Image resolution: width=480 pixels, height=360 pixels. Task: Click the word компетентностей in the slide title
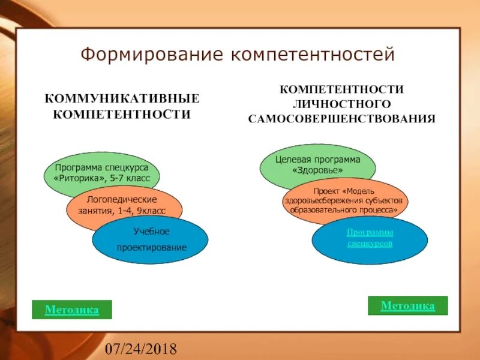[313, 55]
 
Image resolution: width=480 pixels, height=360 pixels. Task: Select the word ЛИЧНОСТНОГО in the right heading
[342, 104]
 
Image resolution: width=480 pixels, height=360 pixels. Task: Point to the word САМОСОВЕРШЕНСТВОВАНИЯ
[342, 118]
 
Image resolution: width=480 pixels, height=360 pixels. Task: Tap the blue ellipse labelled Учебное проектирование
[151, 239]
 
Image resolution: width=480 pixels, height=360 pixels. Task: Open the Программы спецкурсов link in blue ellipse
[370, 238]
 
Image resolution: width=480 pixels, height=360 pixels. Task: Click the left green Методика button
[72, 310]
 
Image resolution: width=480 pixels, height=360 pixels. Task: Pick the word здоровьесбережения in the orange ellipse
[332, 201]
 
